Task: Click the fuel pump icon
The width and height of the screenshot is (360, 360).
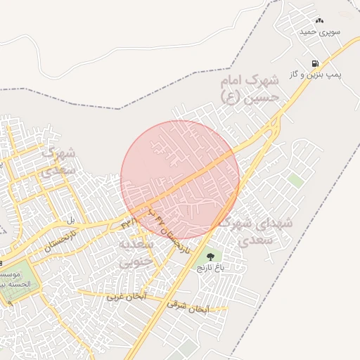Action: (314, 63)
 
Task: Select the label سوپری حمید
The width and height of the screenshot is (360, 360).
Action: (320, 32)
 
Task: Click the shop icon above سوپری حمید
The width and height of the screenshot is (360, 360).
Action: (320, 20)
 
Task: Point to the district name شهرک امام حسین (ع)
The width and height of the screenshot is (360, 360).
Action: (249, 88)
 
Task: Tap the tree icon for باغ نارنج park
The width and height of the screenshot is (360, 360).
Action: (210, 257)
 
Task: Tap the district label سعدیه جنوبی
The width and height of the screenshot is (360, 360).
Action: (134, 253)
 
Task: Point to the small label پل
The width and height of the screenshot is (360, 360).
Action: (70, 221)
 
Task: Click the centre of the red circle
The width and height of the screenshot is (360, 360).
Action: (180, 180)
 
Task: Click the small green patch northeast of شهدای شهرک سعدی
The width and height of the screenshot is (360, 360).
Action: (295, 180)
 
